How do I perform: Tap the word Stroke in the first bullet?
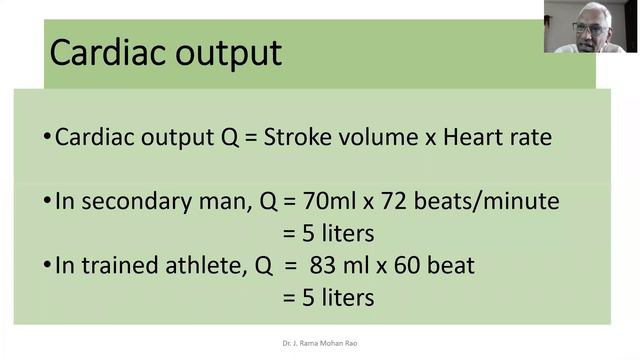coord(295,137)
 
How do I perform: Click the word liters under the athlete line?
coord(340,298)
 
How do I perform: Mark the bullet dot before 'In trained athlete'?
coord(47,266)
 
